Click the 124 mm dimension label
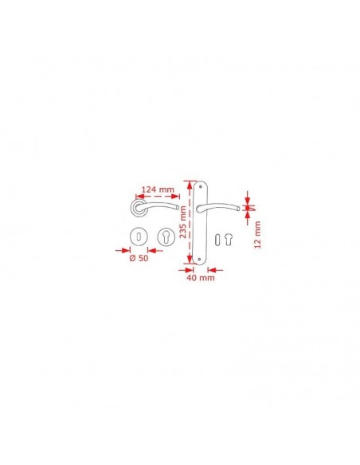pyautogui.click(x=158, y=190)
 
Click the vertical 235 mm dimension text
pyautogui.click(x=183, y=222)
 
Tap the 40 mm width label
pyautogui.click(x=201, y=278)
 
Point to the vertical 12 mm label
pyautogui.click(x=257, y=235)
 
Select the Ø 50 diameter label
pyautogui.click(x=139, y=258)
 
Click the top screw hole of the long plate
pyautogui.click(x=200, y=186)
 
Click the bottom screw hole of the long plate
pyautogui.click(x=199, y=260)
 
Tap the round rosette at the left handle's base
pyautogui.click(x=139, y=208)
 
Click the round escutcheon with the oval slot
pyautogui.click(x=139, y=237)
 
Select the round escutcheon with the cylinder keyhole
pyautogui.click(x=166, y=237)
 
